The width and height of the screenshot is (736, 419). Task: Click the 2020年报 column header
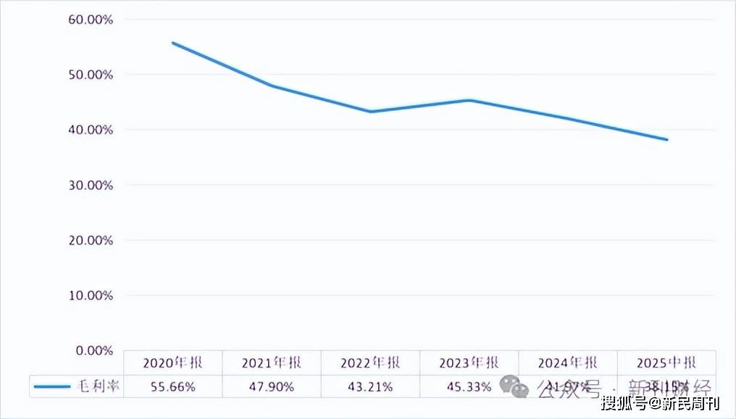pyautogui.click(x=173, y=363)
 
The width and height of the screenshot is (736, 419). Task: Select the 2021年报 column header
pyautogui.click(x=272, y=363)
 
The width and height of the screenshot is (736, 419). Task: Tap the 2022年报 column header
pyautogui.click(x=370, y=363)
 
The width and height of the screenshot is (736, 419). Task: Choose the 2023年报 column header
pyautogui.click(x=469, y=363)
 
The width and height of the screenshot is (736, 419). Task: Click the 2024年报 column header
pyautogui.click(x=567, y=363)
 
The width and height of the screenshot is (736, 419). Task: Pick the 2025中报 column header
pyautogui.click(x=666, y=363)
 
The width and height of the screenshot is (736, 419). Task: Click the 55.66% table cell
pyautogui.click(x=173, y=387)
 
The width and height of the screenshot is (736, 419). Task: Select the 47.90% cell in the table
pyautogui.click(x=272, y=387)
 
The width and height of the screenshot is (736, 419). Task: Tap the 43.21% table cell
pyautogui.click(x=370, y=387)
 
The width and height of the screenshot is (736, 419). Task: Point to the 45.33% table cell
pyautogui.click(x=469, y=387)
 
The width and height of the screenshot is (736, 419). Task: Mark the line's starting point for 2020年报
pyautogui.click(x=172, y=43)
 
